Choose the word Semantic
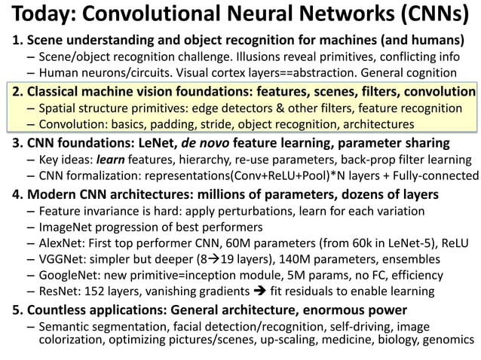(65, 327)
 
